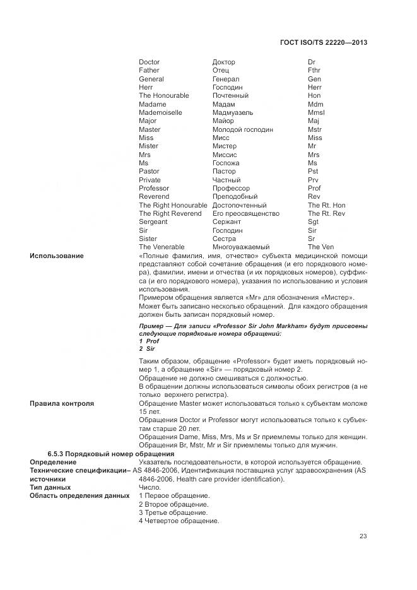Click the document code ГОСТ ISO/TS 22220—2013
(323, 42)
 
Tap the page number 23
(363, 536)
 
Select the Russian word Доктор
(224, 62)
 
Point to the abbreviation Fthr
(314, 71)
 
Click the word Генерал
(226, 79)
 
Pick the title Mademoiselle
(160, 112)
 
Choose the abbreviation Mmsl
(316, 112)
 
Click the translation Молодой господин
(243, 129)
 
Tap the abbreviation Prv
(313, 180)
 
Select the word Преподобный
(235, 196)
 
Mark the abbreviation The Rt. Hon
(326, 205)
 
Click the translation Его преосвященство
(245, 213)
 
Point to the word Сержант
(226, 221)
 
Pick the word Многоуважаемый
(241, 247)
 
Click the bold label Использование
(56, 256)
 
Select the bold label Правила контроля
(62, 403)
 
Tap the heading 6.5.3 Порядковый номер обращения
(102, 454)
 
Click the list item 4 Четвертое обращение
(179, 521)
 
